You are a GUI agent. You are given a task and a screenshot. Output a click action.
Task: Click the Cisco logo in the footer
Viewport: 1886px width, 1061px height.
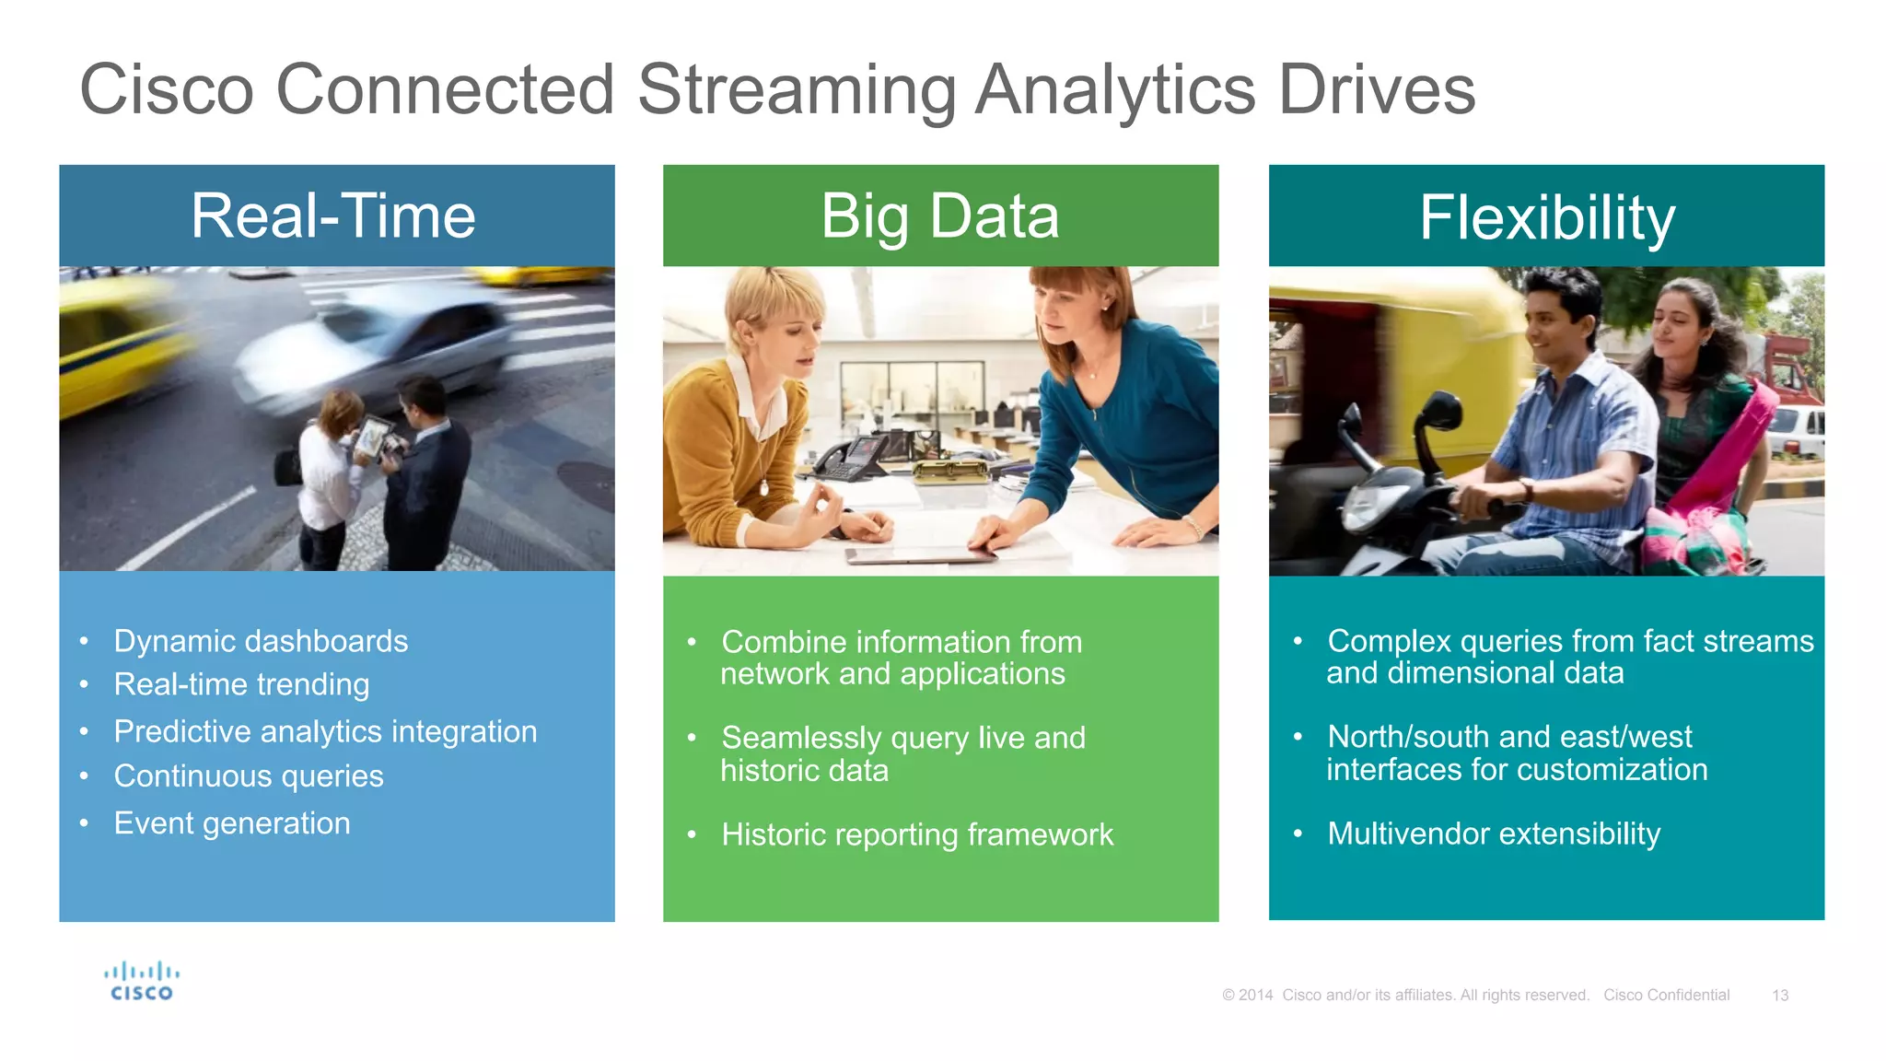click(x=141, y=982)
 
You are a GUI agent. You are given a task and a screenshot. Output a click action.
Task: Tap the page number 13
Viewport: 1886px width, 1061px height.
click(x=1779, y=996)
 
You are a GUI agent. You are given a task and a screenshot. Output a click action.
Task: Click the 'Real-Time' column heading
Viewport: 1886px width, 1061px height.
click(x=333, y=217)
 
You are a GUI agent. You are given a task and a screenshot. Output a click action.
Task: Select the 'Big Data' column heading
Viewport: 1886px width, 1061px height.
click(x=940, y=217)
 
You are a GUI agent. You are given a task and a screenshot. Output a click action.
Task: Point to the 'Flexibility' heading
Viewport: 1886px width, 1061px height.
click(x=1546, y=219)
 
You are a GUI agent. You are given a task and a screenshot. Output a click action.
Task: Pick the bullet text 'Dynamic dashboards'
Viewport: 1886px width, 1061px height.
click(x=261, y=641)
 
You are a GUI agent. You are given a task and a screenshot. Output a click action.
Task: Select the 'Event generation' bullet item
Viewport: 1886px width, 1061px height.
click(x=232, y=823)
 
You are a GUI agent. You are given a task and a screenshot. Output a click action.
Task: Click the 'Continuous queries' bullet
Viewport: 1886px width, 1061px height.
click(x=249, y=776)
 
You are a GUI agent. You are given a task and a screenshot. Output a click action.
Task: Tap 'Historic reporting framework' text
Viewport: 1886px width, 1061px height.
click(x=917, y=834)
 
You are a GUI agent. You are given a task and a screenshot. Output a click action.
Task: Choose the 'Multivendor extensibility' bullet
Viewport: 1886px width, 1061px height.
click(x=1494, y=834)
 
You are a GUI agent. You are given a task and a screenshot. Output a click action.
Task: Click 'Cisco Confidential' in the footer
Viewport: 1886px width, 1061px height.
click(x=1666, y=996)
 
